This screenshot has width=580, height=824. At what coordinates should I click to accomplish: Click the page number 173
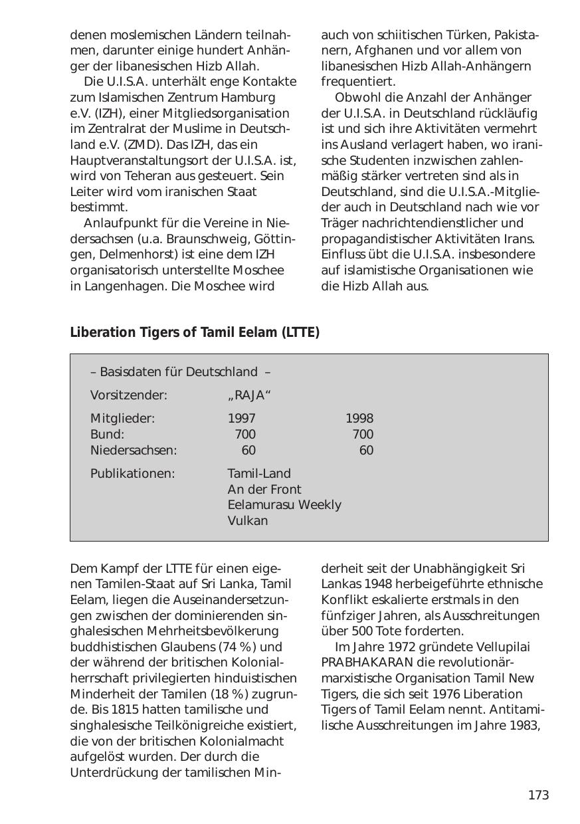(x=538, y=795)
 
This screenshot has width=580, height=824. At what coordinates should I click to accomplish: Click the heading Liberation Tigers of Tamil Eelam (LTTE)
(x=195, y=332)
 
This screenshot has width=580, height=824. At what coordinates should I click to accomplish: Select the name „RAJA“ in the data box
(x=249, y=395)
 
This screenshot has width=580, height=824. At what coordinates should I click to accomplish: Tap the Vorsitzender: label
(x=128, y=395)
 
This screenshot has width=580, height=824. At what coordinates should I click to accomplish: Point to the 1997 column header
(x=241, y=419)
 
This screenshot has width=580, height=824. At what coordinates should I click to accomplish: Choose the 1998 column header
(x=359, y=419)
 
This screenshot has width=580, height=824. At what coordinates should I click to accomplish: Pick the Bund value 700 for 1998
(x=363, y=435)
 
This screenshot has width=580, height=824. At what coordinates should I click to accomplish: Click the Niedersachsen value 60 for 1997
(x=248, y=451)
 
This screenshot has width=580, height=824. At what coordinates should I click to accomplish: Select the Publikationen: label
(x=132, y=474)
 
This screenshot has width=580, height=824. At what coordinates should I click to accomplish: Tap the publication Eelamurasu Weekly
(x=284, y=505)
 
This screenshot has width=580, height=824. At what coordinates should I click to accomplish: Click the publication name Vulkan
(x=247, y=521)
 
